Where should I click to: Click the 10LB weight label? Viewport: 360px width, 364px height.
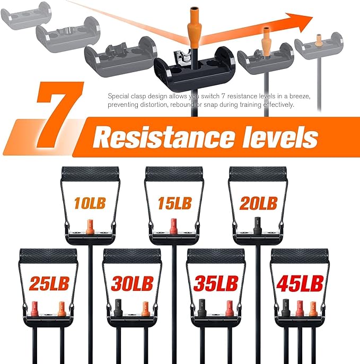coord(90,203)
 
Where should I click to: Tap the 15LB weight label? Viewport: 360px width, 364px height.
coord(174,203)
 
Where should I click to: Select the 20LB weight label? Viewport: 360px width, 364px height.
coord(258,203)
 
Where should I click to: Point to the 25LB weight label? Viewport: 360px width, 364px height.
coord(49,283)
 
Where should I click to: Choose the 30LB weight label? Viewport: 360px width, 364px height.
coord(132,283)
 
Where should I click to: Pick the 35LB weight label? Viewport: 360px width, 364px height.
coord(216,283)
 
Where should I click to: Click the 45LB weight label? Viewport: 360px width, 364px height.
coord(300,283)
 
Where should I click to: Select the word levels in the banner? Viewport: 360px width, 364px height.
coord(280,136)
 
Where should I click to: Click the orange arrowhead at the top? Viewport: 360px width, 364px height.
coord(299,22)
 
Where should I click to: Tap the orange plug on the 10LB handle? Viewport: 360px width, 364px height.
coord(89,227)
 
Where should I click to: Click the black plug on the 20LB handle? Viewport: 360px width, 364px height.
coord(257,226)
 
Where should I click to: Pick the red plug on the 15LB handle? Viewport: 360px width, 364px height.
coord(174,226)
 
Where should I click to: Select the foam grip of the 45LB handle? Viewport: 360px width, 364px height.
coord(300,256)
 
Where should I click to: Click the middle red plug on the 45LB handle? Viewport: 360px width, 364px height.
coord(300,308)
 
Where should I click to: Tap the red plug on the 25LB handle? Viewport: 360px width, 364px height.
coord(34,308)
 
